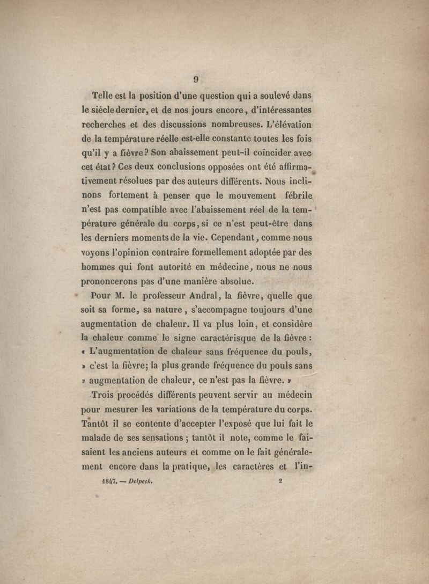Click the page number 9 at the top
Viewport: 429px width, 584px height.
(x=196, y=79)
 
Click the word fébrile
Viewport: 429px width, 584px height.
(x=295, y=196)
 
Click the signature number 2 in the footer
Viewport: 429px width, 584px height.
(x=280, y=481)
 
